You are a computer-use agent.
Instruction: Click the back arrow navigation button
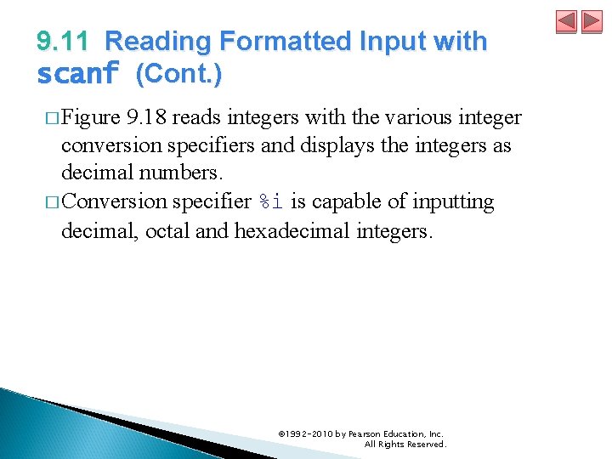click(567, 22)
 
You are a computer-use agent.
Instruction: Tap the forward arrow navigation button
click(589, 22)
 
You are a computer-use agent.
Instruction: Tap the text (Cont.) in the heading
click(179, 75)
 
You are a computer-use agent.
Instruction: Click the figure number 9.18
click(145, 117)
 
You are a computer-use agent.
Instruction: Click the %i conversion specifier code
click(270, 202)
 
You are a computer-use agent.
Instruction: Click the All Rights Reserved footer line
click(405, 445)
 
